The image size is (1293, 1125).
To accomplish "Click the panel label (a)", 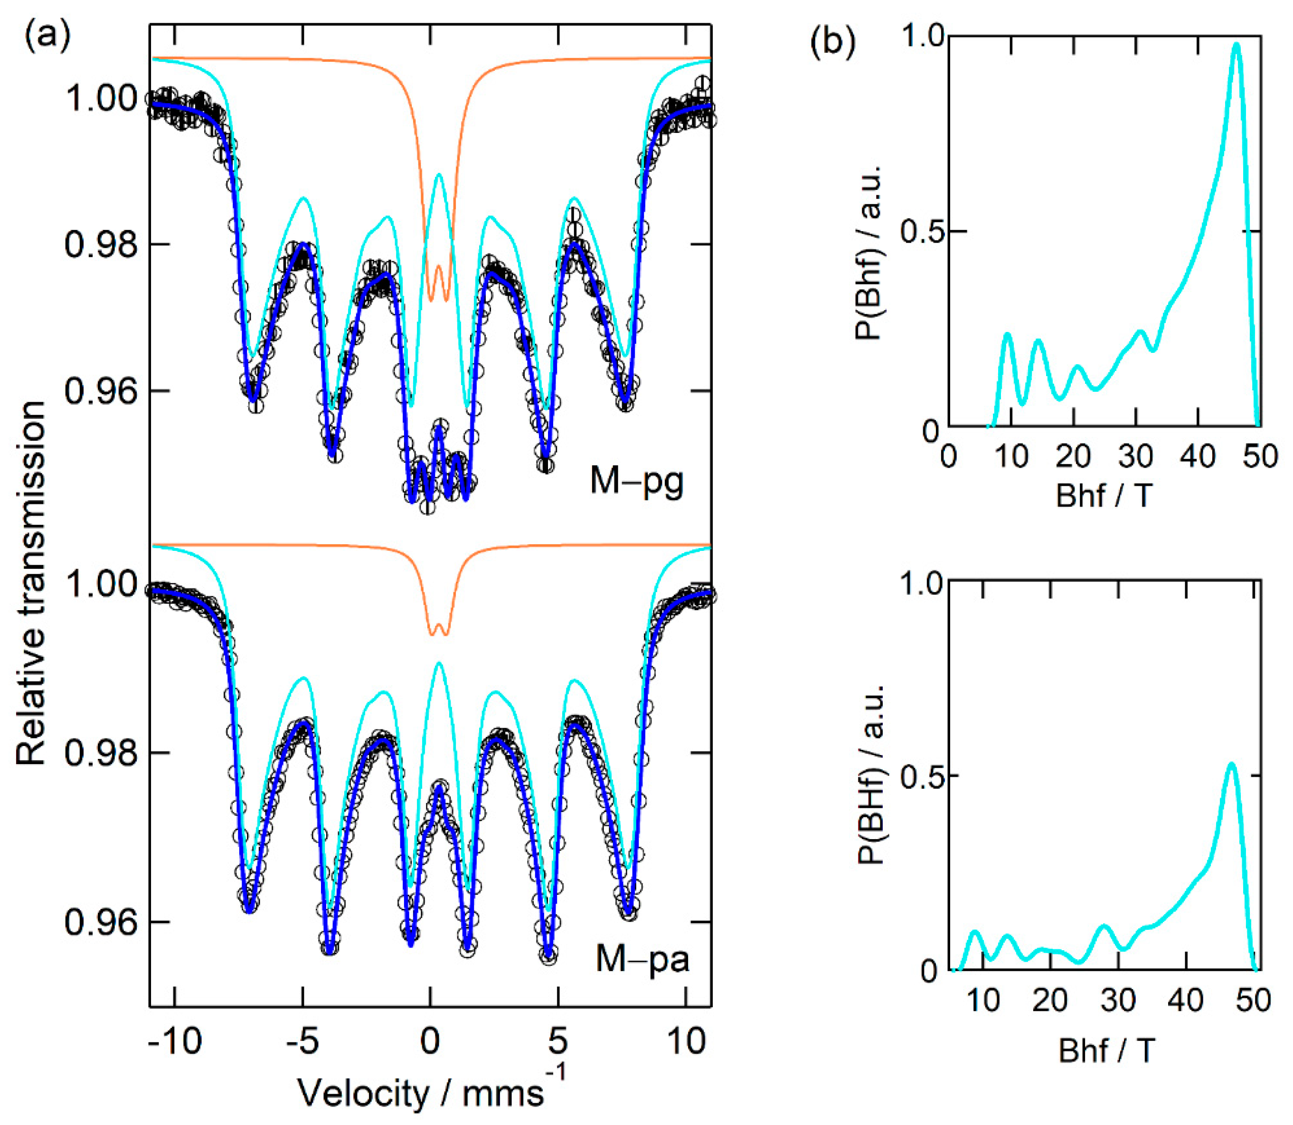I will (47, 37).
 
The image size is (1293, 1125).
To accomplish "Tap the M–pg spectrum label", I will (636, 482).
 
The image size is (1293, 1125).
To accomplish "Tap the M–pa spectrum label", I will (642, 959).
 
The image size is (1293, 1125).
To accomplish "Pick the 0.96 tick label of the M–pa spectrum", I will (100, 923).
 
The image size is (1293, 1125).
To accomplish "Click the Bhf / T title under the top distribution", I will (1104, 496).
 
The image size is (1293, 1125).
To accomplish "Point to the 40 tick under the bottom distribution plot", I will (1186, 1000).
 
